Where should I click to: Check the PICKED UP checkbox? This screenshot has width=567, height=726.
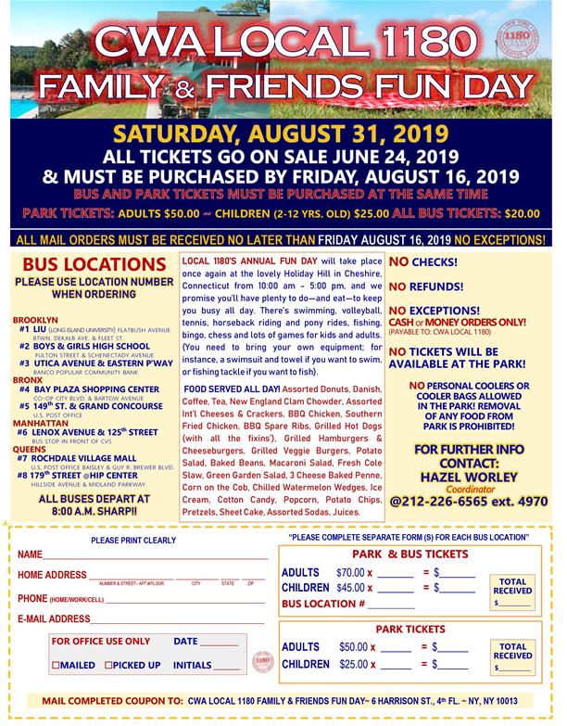pyautogui.click(x=109, y=666)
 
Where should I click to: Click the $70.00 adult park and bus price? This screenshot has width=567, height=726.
pyautogui.click(x=350, y=573)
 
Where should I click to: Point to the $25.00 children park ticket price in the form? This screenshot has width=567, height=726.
pyautogui.click(x=353, y=665)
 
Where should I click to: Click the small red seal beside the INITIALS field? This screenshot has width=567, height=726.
pyautogui.click(x=262, y=661)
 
